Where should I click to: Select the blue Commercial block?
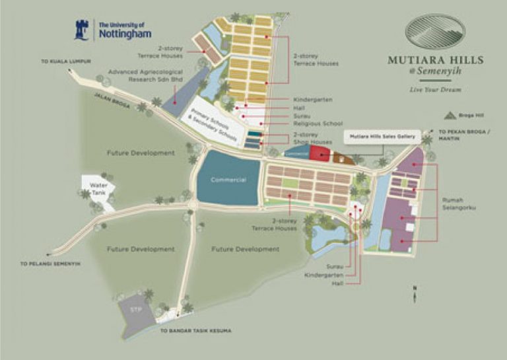pyautogui.click(x=227, y=178)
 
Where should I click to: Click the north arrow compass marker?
pyautogui.click(x=415, y=294)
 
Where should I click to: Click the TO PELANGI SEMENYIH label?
pyautogui.click(x=50, y=263)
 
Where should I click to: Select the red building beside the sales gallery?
pyautogui.click(x=320, y=154)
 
